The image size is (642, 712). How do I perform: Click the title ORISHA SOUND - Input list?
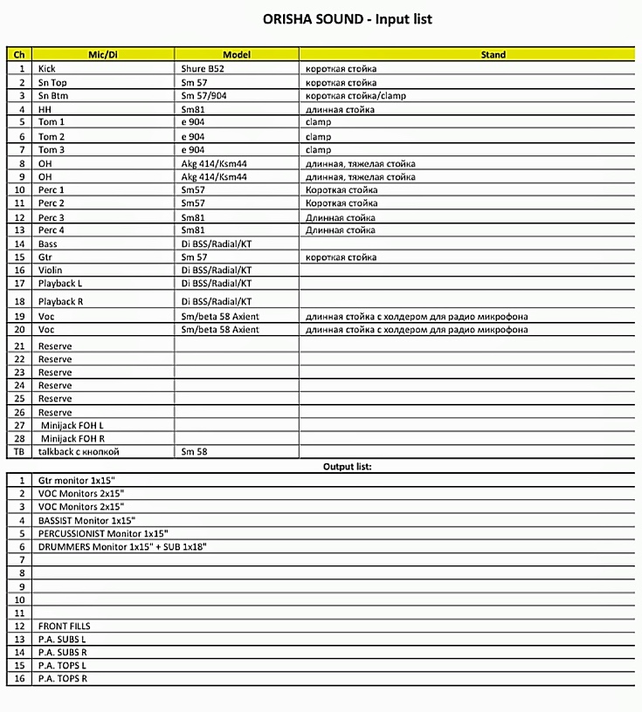pos(348,18)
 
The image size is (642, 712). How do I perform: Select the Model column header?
pos(237,54)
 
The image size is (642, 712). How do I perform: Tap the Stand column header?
pos(493,54)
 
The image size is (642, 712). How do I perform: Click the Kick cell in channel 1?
pos(47,68)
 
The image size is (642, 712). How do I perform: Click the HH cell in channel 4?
pos(45,109)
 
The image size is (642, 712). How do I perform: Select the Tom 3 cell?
pos(52,150)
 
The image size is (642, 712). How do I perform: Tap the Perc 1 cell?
pos(52,190)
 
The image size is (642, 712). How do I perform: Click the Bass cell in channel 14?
pos(48,243)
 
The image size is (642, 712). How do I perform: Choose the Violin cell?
pos(51,270)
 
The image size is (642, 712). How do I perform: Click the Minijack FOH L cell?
pos(72,425)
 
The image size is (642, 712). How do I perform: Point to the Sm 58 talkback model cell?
pos(195,452)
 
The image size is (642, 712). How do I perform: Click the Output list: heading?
pos(348,467)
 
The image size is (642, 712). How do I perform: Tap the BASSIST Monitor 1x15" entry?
pos(86,520)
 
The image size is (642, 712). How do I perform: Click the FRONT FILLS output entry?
pos(64,626)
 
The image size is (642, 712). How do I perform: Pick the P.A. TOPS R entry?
pos(63,678)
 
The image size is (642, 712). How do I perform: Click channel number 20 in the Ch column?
pos(19,330)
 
